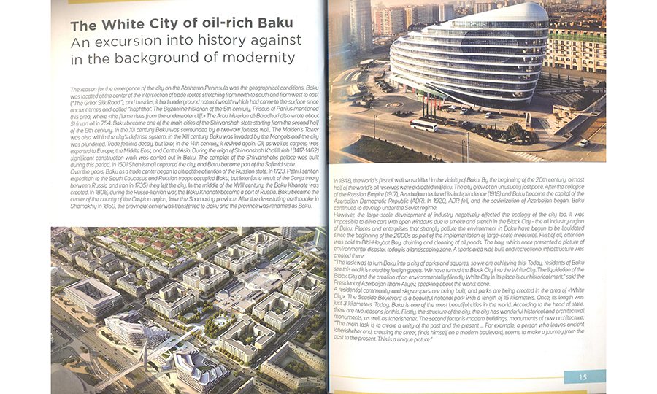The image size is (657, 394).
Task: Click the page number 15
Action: pos(583,376)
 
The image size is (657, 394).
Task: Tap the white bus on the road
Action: pos(423,125)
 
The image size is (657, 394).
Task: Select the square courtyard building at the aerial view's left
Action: pos(91,295)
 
